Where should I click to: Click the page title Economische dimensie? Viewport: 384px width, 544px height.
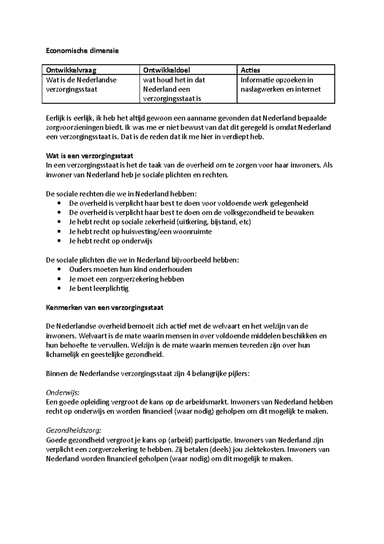(82, 51)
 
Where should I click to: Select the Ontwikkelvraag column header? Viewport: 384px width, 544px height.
(71, 70)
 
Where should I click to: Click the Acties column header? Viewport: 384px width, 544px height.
(250, 70)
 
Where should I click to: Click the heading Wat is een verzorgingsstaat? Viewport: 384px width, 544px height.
(89, 156)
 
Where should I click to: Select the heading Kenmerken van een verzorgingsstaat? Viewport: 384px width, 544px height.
(105, 308)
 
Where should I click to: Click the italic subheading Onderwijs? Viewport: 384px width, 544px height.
(62, 393)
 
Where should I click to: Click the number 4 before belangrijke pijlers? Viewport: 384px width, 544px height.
(188, 374)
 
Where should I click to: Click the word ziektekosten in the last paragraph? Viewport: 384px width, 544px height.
(264, 449)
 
